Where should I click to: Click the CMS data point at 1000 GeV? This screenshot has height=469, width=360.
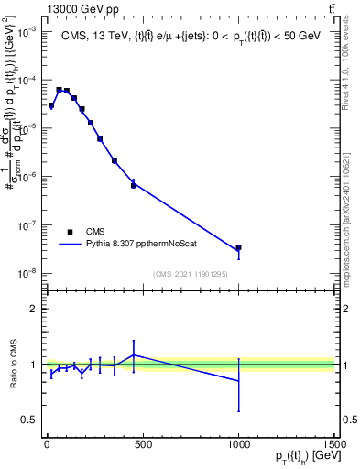238,247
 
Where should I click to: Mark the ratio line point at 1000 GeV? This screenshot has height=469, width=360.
238,381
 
